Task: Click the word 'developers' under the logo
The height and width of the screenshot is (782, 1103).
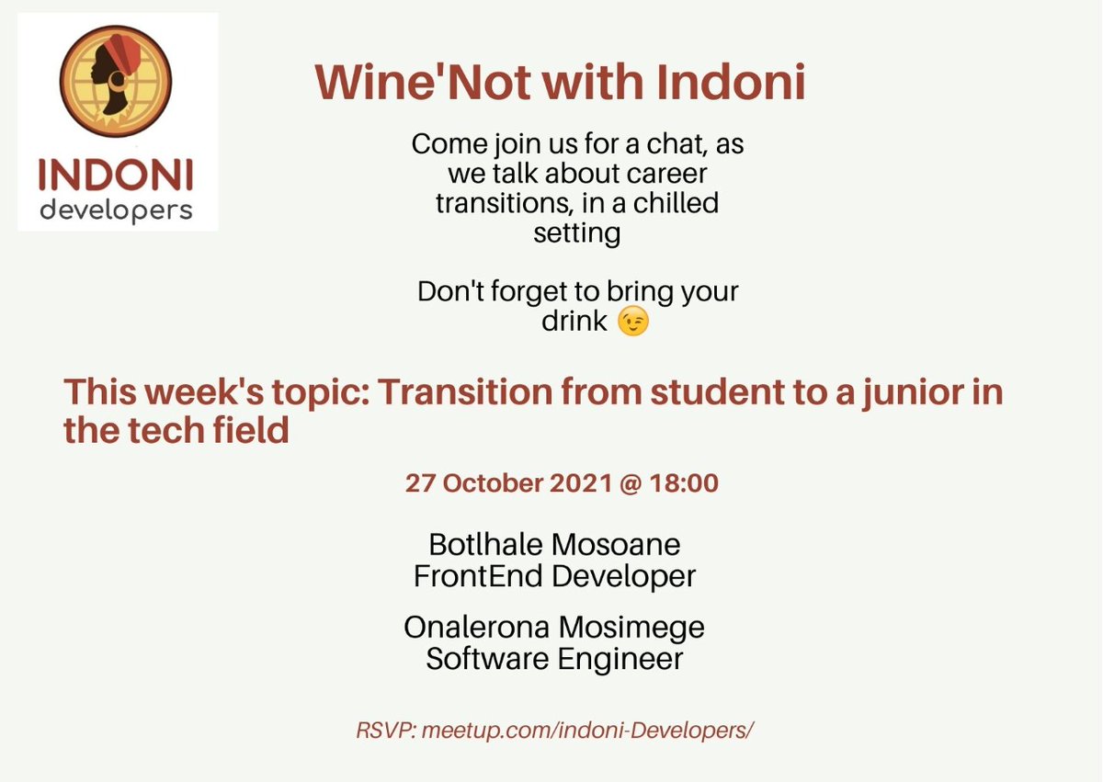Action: pos(117,210)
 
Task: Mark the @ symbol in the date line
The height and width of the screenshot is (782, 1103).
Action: pos(615,483)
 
